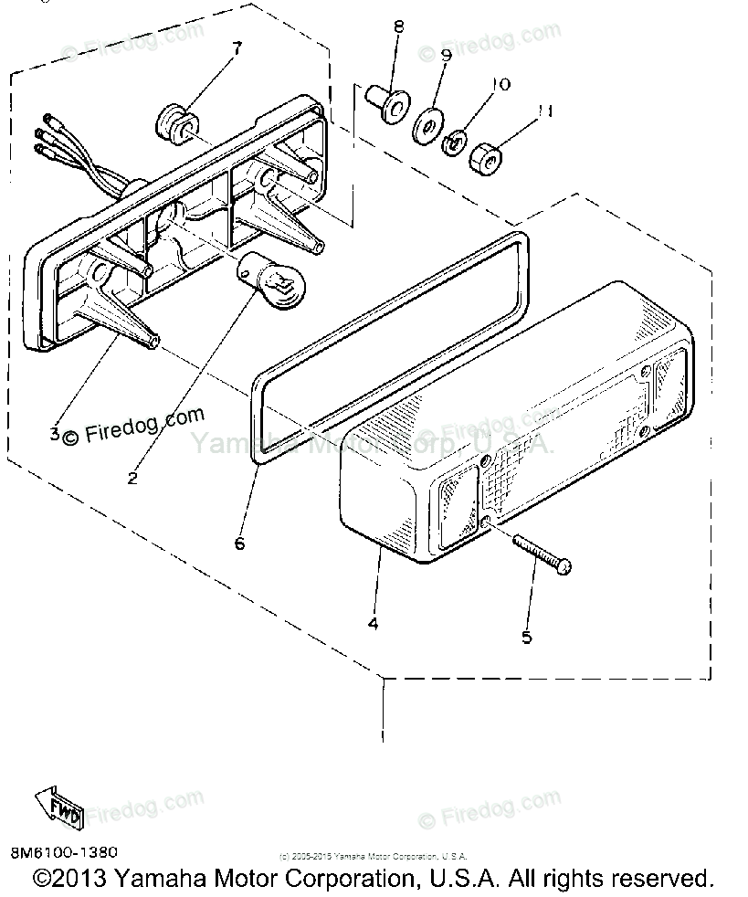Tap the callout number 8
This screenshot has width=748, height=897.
tap(398, 27)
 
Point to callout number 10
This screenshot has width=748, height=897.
tap(500, 85)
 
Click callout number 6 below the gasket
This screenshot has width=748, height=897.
tap(240, 543)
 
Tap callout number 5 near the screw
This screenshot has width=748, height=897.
tap(526, 637)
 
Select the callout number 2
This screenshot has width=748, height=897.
tap(133, 477)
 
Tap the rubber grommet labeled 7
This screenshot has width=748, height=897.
tap(174, 121)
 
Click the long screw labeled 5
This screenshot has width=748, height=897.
tap(543, 554)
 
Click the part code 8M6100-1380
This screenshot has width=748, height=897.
tap(65, 852)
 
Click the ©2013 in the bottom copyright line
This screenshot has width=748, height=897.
tap(72, 879)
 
